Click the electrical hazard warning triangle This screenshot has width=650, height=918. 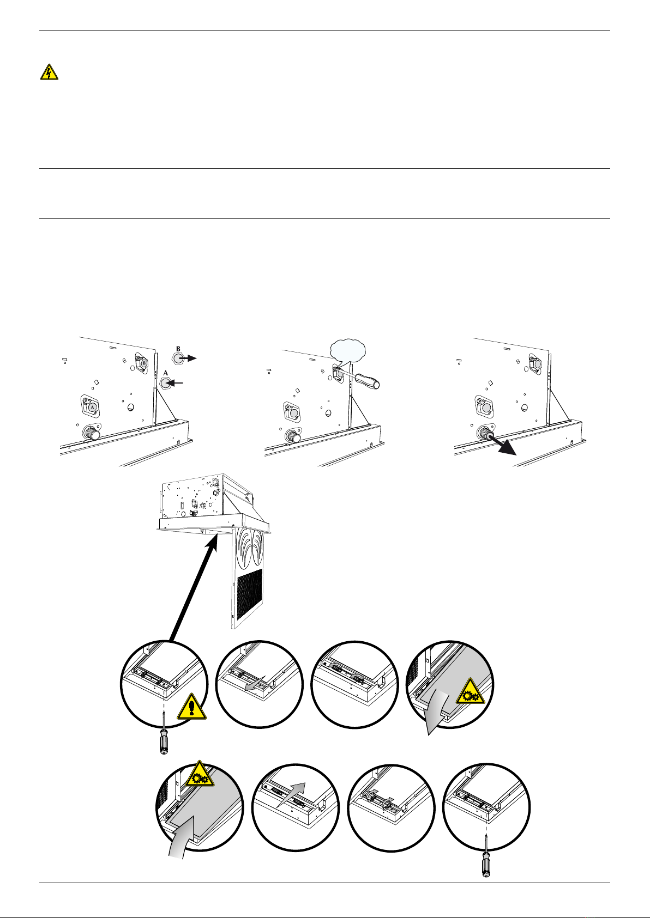click(x=50, y=72)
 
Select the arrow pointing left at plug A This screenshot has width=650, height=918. click(x=176, y=384)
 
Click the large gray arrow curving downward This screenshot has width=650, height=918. click(x=436, y=713)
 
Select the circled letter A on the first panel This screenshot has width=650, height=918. click(x=92, y=407)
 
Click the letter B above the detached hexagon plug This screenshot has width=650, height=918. click(x=178, y=348)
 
